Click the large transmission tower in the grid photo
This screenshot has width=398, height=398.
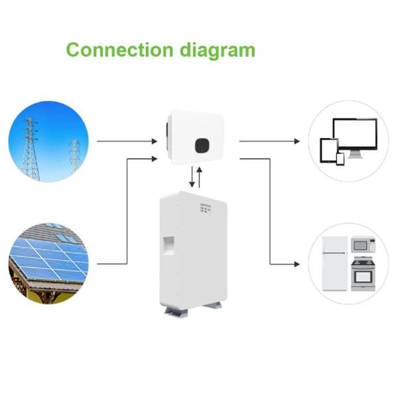[x=30, y=149]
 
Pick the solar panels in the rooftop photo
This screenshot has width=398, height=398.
[x=50, y=259]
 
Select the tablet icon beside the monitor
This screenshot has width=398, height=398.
[x=329, y=150]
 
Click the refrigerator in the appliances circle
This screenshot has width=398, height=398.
[x=333, y=263]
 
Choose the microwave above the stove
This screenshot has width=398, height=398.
[x=362, y=245]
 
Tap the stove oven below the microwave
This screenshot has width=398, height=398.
[x=362, y=273]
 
